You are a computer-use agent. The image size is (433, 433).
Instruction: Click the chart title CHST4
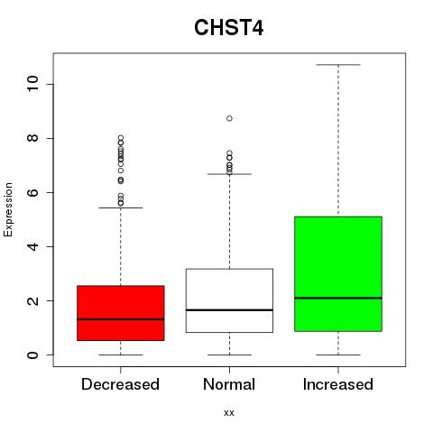(229, 28)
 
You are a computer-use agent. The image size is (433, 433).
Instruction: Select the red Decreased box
(121, 313)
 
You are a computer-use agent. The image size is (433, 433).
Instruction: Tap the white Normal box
(229, 300)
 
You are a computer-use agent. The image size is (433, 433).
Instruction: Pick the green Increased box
(338, 274)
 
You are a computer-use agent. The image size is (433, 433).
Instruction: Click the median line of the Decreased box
(121, 319)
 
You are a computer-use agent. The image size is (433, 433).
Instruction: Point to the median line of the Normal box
(229, 309)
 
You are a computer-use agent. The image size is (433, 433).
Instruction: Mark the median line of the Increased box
(338, 298)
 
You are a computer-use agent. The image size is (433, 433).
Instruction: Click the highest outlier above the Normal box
(229, 118)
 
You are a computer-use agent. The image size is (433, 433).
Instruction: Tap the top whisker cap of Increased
(338, 65)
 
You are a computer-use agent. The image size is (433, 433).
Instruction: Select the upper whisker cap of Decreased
(121, 207)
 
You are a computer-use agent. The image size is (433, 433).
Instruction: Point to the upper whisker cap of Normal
(229, 174)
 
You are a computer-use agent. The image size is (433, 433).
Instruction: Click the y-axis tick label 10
(33, 84)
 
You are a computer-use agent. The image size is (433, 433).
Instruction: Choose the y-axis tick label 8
(33, 138)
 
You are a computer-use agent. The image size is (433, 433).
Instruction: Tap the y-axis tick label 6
(33, 192)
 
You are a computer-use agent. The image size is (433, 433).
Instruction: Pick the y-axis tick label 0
(33, 355)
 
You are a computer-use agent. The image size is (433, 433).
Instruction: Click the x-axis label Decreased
(120, 384)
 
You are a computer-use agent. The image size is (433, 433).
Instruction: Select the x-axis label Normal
(229, 384)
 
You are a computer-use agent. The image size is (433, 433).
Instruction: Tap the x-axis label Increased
(338, 384)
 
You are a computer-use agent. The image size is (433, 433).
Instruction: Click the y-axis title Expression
(8, 209)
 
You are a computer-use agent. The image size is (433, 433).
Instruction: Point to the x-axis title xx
(229, 412)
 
